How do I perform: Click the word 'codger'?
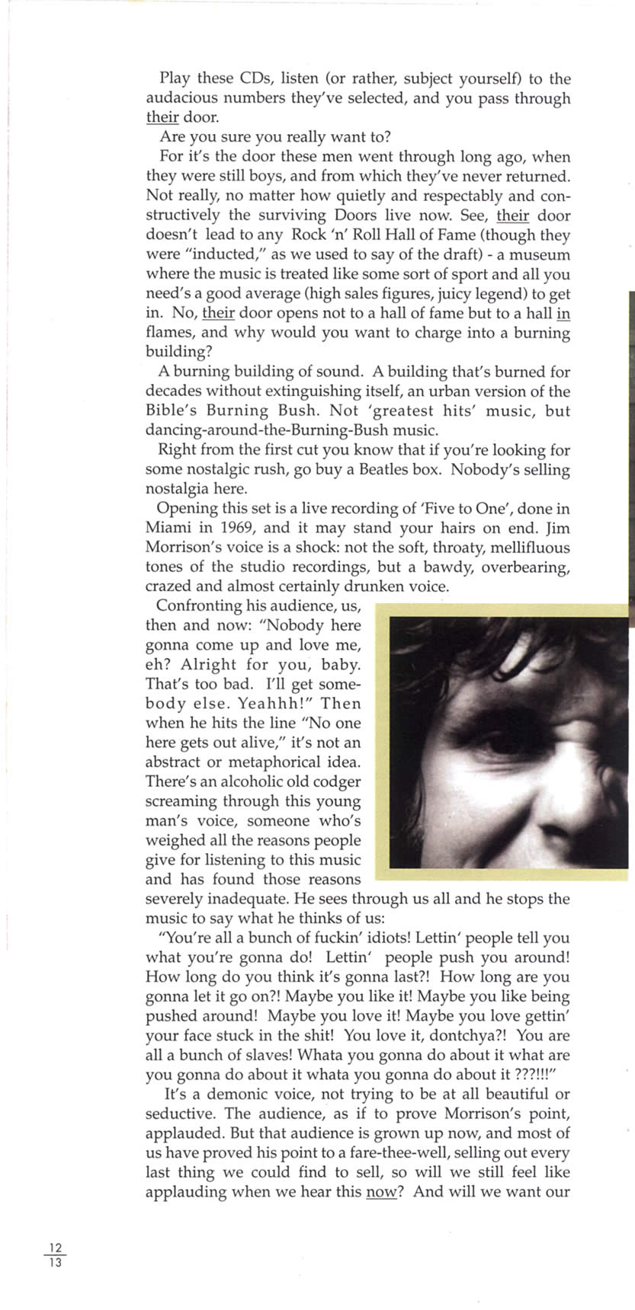click(x=338, y=781)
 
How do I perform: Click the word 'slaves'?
click(x=267, y=1056)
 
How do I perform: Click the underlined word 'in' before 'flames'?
click(x=563, y=314)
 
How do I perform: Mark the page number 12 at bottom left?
click(x=54, y=1248)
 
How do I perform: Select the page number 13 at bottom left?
click(x=54, y=1261)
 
